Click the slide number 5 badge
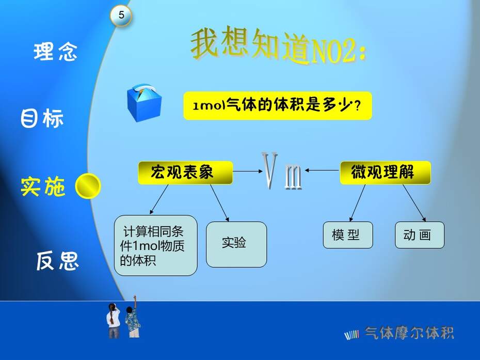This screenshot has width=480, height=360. tap(121, 15)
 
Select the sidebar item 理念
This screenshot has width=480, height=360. tap(55, 52)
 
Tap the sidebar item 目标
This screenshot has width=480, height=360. tap(42, 118)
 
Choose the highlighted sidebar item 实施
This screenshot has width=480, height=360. tap(43, 186)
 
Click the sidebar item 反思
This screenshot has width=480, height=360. tap(57, 261)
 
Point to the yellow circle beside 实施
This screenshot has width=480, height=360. tap(88, 186)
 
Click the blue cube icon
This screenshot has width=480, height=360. tap(144, 103)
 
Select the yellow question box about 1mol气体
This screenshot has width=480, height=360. tap(278, 106)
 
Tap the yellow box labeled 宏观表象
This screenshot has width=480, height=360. tap(185, 173)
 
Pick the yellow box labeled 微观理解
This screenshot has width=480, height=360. tap(385, 173)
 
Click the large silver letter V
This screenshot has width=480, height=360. tap(269, 170)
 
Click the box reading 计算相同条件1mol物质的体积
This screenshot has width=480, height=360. tap(155, 245)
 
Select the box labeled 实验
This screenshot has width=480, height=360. tap(236, 244)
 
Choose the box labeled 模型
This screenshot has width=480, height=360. tap(348, 235)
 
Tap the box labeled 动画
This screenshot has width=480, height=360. tap(420, 235)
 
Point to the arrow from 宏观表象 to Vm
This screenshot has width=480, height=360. tap(248, 171)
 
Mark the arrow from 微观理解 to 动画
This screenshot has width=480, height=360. tap(414, 203)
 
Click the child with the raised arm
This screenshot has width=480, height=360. tap(132, 317)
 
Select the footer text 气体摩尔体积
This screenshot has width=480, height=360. tap(409, 333)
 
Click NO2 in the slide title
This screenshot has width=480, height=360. tap(333, 51)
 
